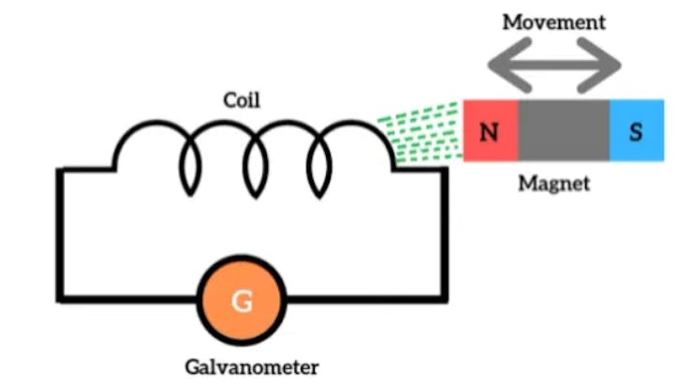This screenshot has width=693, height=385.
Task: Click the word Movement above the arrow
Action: (x=554, y=21)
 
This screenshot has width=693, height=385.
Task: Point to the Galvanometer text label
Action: (x=242, y=365)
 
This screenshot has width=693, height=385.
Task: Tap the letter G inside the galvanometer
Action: (x=242, y=302)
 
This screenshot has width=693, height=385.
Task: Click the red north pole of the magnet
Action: (x=490, y=130)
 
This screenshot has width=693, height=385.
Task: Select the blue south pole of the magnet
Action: (x=637, y=130)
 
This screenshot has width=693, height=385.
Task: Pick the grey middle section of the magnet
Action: (x=563, y=130)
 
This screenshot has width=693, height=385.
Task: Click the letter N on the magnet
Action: (x=489, y=131)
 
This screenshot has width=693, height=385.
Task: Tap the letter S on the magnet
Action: (x=636, y=131)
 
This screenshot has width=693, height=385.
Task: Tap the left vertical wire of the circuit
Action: (x=61, y=234)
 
